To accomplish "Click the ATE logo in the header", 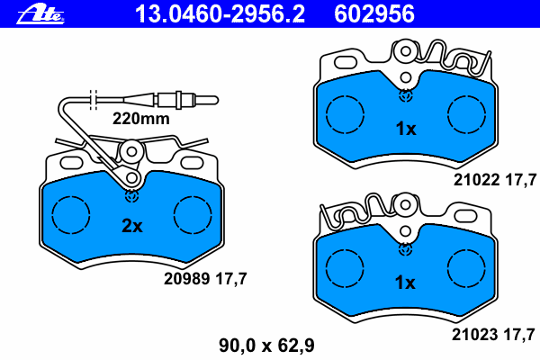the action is tap(40, 14).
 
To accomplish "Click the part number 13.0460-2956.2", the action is tap(220, 14).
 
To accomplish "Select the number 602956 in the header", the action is tap(374, 14).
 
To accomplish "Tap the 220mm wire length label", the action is tap(141, 119).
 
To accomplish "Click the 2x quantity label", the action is tap(132, 226).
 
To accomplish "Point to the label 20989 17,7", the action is tap(205, 279).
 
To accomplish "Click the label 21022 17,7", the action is tap(495, 180).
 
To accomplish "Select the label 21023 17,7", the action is tap(493, 335).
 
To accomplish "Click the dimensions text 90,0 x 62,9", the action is tap(266, 346).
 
